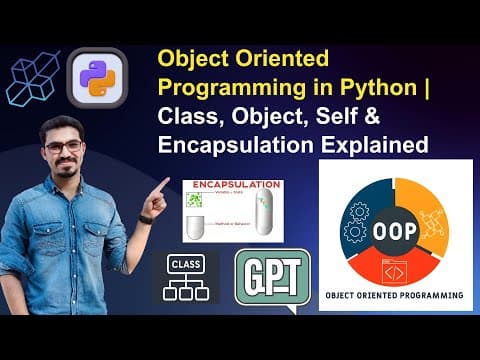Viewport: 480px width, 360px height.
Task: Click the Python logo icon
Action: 96,77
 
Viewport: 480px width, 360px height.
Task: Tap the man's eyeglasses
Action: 63,147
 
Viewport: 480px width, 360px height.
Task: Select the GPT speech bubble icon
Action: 270,277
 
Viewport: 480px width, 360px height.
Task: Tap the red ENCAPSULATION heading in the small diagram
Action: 231,188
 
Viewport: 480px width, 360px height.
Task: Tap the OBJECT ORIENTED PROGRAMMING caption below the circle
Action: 394,297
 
